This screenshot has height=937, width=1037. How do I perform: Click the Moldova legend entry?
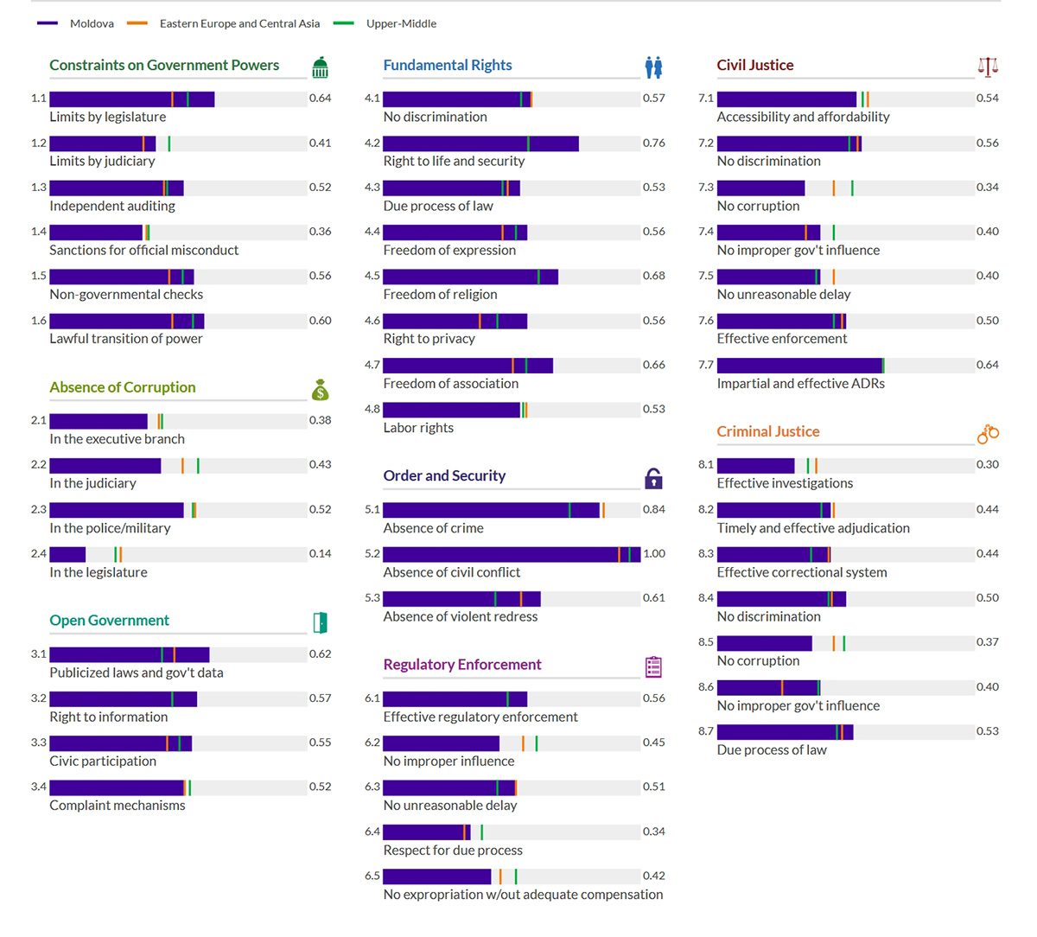[x=91, y=23]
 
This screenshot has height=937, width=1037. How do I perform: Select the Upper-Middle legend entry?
[x=400, y=23]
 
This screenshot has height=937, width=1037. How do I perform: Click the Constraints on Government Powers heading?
[x=164, y=65]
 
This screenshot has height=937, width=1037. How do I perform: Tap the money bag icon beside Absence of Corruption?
[x=321, y=390]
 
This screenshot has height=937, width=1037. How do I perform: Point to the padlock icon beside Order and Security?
[x=653, y=478]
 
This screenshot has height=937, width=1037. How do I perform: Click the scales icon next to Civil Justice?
[x=987, y=67]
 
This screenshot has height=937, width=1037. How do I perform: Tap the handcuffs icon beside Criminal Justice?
[x=987, y=434]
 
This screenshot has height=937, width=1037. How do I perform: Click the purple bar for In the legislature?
[x=67, y=555]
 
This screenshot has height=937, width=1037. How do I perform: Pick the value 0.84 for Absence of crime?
[x=654, y=509]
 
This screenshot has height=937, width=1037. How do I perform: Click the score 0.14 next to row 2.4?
[x=321, y=553]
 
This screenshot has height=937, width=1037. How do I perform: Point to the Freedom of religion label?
[x=440, y=294]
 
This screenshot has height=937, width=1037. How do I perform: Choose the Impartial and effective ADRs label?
[x=800, y=383]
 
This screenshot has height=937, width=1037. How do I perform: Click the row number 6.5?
[x=372, y=876]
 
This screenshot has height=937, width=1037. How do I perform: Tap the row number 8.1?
[x=706, y=464]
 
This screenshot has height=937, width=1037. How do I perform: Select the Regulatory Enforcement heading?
[x=462, y=664]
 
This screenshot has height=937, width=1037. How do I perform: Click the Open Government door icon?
[x=321, y=622]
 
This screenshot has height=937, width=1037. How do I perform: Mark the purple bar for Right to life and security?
[x=480, y=143]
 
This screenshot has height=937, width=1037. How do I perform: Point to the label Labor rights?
[x=418, y=427]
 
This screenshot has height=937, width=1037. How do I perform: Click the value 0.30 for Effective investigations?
[x=988, y=464]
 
